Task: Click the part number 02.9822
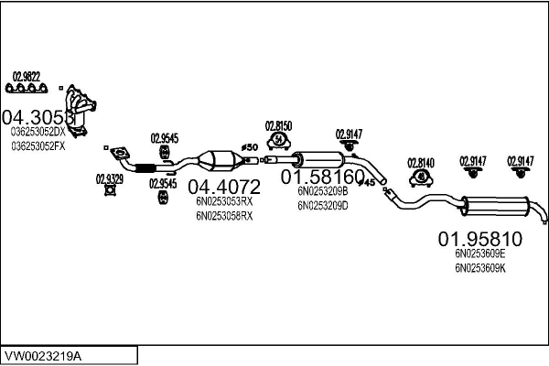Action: point(26,75)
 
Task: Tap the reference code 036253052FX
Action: point(38,145)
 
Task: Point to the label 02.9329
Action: point(110,179)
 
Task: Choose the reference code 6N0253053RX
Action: point(223,202)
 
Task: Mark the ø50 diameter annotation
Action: point(249,146)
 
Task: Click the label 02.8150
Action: point(278,125)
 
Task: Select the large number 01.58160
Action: point(322,176)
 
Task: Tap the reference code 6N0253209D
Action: point(323,205)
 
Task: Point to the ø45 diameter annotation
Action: point(369,182)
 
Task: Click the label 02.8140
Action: point(420,162)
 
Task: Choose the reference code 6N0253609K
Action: point(480,268)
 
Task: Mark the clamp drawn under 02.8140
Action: point(419,177)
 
